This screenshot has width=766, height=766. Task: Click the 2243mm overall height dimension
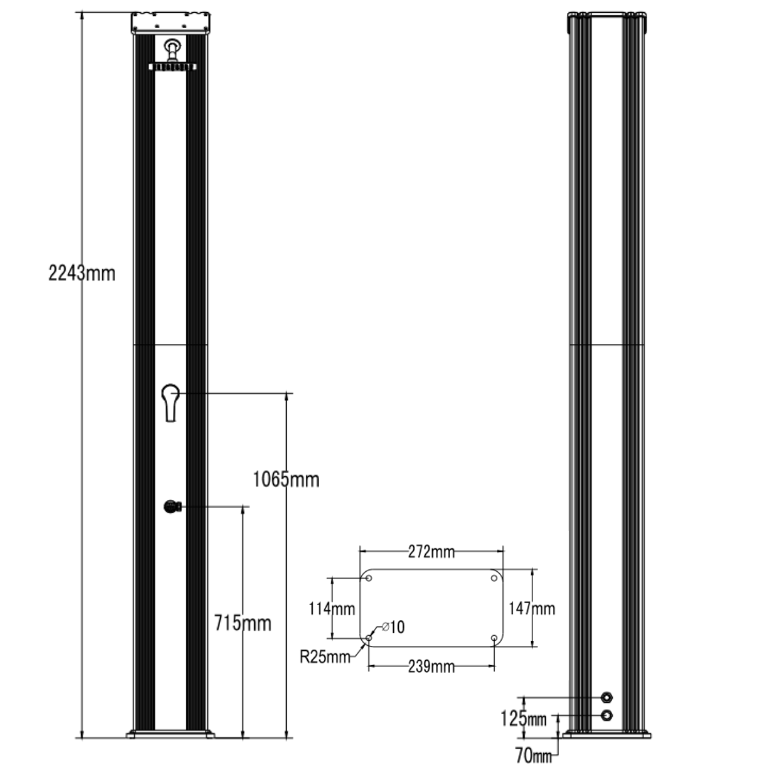tap(82, 273)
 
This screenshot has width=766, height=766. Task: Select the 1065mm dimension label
tap(285, 479)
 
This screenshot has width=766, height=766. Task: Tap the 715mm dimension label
tap(242, 622)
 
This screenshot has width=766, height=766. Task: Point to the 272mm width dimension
tap(432, 552)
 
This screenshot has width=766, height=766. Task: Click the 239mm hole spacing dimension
tap(432, 666)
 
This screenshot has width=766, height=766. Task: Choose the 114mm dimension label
tap(332, 609)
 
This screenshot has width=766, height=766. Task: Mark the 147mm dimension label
tap(532, 608)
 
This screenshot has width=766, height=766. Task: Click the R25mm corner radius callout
tap(325, 656)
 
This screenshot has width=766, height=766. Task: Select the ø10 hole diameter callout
tap(393, 627)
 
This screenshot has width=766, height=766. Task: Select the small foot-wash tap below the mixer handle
tap(171, 507)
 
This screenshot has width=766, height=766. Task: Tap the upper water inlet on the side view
tap(608, 696)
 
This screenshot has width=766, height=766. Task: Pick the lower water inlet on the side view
tap(608, 715)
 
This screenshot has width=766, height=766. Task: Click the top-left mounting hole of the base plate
tap(368, 578)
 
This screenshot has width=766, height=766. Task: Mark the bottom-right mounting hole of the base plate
tap(495, 638)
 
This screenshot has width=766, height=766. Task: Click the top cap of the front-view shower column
tap(171, 24)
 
